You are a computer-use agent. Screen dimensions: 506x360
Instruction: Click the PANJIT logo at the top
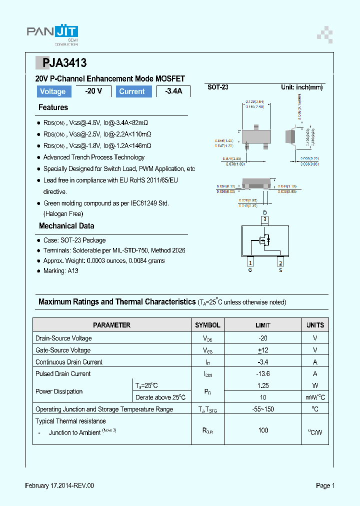tap(52, 33)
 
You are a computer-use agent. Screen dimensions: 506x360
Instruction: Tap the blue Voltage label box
tap(52, 91)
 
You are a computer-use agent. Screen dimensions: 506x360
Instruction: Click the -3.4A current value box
tap(173, 91)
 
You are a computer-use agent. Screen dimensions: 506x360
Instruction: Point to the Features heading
tap(53, 107)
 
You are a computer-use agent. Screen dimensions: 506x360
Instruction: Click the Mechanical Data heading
tap(66, 226)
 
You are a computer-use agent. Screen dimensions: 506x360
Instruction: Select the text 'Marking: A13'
tap(60, 271)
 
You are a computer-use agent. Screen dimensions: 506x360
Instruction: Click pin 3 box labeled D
tap(265, 219)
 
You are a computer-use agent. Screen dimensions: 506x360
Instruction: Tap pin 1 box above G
tap(250, 263)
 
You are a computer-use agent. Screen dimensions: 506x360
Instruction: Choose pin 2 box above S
tap(280, 263)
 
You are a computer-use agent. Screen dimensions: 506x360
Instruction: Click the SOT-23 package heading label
tap(218, 87)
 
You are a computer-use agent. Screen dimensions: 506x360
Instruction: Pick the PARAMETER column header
tap(112, 325)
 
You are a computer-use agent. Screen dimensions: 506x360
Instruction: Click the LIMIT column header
tap(263, 325)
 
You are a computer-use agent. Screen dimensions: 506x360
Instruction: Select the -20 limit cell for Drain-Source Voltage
tap(263, 338)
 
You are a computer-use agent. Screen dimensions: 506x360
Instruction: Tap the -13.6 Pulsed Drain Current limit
tap(263, 374)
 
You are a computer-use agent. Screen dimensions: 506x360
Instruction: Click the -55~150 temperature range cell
tap(263, 409)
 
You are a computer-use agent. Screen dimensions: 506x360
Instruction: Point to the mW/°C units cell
tap(315, 397)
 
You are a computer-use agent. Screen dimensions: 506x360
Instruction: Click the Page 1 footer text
tap(325, 485)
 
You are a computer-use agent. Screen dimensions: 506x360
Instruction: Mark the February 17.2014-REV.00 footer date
tap(59, 485)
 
